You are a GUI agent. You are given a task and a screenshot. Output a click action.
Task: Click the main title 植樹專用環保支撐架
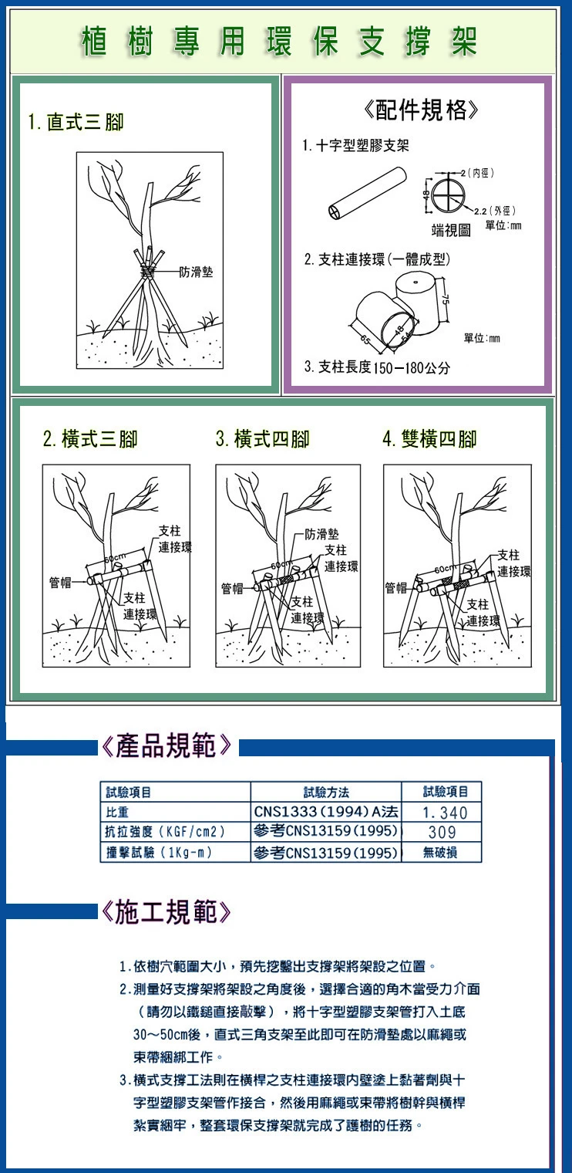click(x=280, y=42)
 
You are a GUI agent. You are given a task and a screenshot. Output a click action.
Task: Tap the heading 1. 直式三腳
click(x=76, y=123)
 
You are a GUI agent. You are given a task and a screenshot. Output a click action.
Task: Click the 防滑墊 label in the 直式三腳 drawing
click(x=197, y=272)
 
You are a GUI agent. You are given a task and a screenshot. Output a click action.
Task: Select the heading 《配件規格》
click(x=420, y=110)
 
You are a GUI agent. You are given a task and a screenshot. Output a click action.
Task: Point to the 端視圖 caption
click(x=451, y=229)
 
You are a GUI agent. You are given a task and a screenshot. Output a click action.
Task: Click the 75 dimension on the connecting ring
click(x=447, y=302)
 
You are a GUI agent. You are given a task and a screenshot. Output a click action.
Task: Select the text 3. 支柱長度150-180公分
click(x=377, y=367)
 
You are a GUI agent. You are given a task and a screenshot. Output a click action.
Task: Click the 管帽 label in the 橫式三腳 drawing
click(x=60, y=582)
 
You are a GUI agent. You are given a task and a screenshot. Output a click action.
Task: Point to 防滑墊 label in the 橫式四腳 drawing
click(x=322, y=534)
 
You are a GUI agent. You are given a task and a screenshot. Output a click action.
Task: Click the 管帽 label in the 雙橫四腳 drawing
click(x=397, y=587)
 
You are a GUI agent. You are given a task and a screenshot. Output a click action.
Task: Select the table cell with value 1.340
click(x=441, y=812)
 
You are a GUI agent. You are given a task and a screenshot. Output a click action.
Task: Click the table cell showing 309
click(x=441, y=832)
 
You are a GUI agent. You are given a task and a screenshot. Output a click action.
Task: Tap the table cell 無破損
click(x=441, y=853)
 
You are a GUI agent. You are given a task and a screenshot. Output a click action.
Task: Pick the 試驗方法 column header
click(x=326, y=792)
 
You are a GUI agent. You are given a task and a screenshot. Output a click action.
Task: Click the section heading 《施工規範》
click(x=166, y=911)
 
